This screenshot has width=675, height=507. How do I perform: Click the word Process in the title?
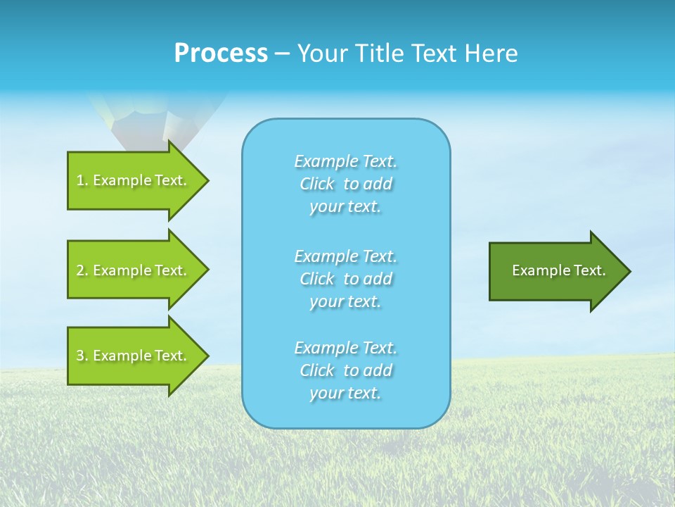pos(221,54)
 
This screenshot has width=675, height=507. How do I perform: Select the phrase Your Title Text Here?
pos(407,54)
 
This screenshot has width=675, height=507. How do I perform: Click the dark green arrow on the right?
pos(555,271)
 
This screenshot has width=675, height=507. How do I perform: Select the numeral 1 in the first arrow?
pos(80,180)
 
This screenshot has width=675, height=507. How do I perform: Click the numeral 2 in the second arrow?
pos(80,270)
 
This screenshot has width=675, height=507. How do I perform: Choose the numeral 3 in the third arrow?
pos(80,356)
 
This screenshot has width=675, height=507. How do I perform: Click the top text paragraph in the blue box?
pos(346,184)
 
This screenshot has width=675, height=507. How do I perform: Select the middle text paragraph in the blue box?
pos(346,279)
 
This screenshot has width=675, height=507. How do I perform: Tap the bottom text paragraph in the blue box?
pos(346,370)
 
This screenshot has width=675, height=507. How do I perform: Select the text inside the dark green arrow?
pos(558,270)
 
